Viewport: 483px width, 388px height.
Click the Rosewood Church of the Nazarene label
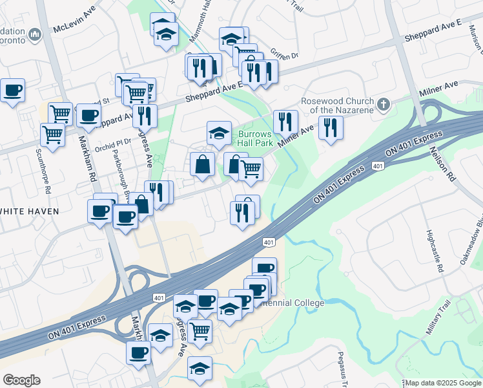tap(337, 105)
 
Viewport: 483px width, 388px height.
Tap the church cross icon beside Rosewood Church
tap(384, 103)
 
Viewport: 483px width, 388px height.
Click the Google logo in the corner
tap(21, 380)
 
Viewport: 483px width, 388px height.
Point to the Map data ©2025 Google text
tap(443, 383)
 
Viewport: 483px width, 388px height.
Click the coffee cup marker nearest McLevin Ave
tap(12, 90)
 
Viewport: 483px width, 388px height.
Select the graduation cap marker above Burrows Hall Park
tap(220, 133)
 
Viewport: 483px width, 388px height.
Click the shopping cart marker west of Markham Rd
tap(52, 135)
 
